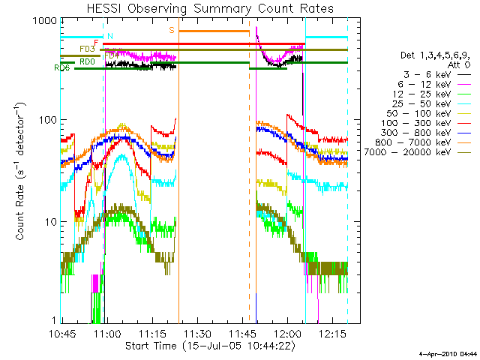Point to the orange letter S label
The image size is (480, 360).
(172, 30)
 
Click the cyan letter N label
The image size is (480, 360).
(110, 36)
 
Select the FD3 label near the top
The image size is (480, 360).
(87, 49)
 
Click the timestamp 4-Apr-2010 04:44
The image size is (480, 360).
(448, 352)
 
